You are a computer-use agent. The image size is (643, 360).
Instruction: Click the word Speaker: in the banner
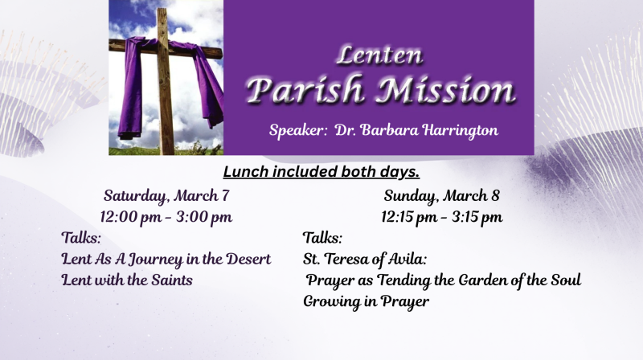click(x=294, y=130)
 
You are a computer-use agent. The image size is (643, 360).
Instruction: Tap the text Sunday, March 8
click(x=442, y=195)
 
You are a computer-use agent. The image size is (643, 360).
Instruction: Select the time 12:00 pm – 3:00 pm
click(x=166, y=216)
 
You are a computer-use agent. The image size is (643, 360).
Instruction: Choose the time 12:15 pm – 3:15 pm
click(x=442, y=216)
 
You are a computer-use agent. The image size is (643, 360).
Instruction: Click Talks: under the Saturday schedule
click(x=81, y=237)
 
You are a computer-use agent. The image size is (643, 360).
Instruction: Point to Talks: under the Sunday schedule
click(x=322, y=237)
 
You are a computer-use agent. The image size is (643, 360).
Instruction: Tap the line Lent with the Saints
click(x=127, y=280)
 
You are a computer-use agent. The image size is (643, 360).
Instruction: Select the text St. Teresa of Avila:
click(x=364, y=259)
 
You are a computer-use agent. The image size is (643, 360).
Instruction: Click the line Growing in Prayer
click(x=366, y=301)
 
